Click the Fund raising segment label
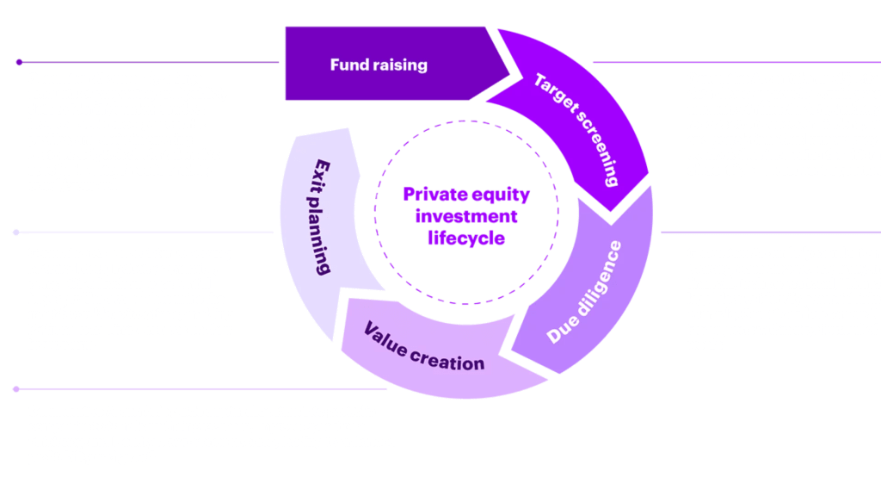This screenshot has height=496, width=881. (379, 65)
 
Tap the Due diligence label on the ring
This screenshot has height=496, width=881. (584, 293)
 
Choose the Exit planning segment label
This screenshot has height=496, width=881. (320, 216)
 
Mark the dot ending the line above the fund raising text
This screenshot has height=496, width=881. (18, 62)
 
